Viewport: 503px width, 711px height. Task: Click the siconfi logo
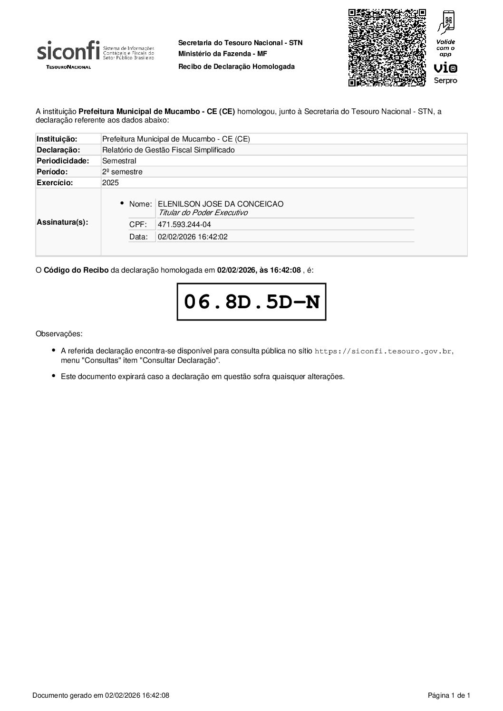click(95, 55)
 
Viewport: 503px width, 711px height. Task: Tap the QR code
click(387, 47)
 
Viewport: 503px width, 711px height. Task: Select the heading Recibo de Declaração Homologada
click(236, 66)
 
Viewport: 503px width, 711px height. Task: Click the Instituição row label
click(57, 139)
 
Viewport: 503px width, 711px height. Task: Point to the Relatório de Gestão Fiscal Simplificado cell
click(168, 150)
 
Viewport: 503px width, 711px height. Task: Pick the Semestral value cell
click(119, 161)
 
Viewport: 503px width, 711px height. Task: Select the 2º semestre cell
click(122, 171)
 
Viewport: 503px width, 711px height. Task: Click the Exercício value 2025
click(110, 182)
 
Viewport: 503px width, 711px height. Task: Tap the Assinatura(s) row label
click(62, 222)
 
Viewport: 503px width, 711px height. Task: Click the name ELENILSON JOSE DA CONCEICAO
click(221, 204)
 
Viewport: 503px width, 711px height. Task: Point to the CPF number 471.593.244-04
click(184, 224)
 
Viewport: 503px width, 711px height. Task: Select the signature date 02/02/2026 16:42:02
click(193, 237)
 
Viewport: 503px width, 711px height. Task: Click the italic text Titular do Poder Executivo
click(203, 213)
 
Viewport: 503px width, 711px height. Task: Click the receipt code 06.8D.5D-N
click(251, 302)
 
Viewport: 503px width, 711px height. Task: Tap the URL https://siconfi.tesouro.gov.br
click(384, 351)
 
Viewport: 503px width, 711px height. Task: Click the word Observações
click(59, 333)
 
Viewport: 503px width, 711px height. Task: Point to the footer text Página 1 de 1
click(449, 696)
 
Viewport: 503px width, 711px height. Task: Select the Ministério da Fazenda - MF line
click(222, 54)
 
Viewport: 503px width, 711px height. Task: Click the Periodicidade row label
click(63, 161)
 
